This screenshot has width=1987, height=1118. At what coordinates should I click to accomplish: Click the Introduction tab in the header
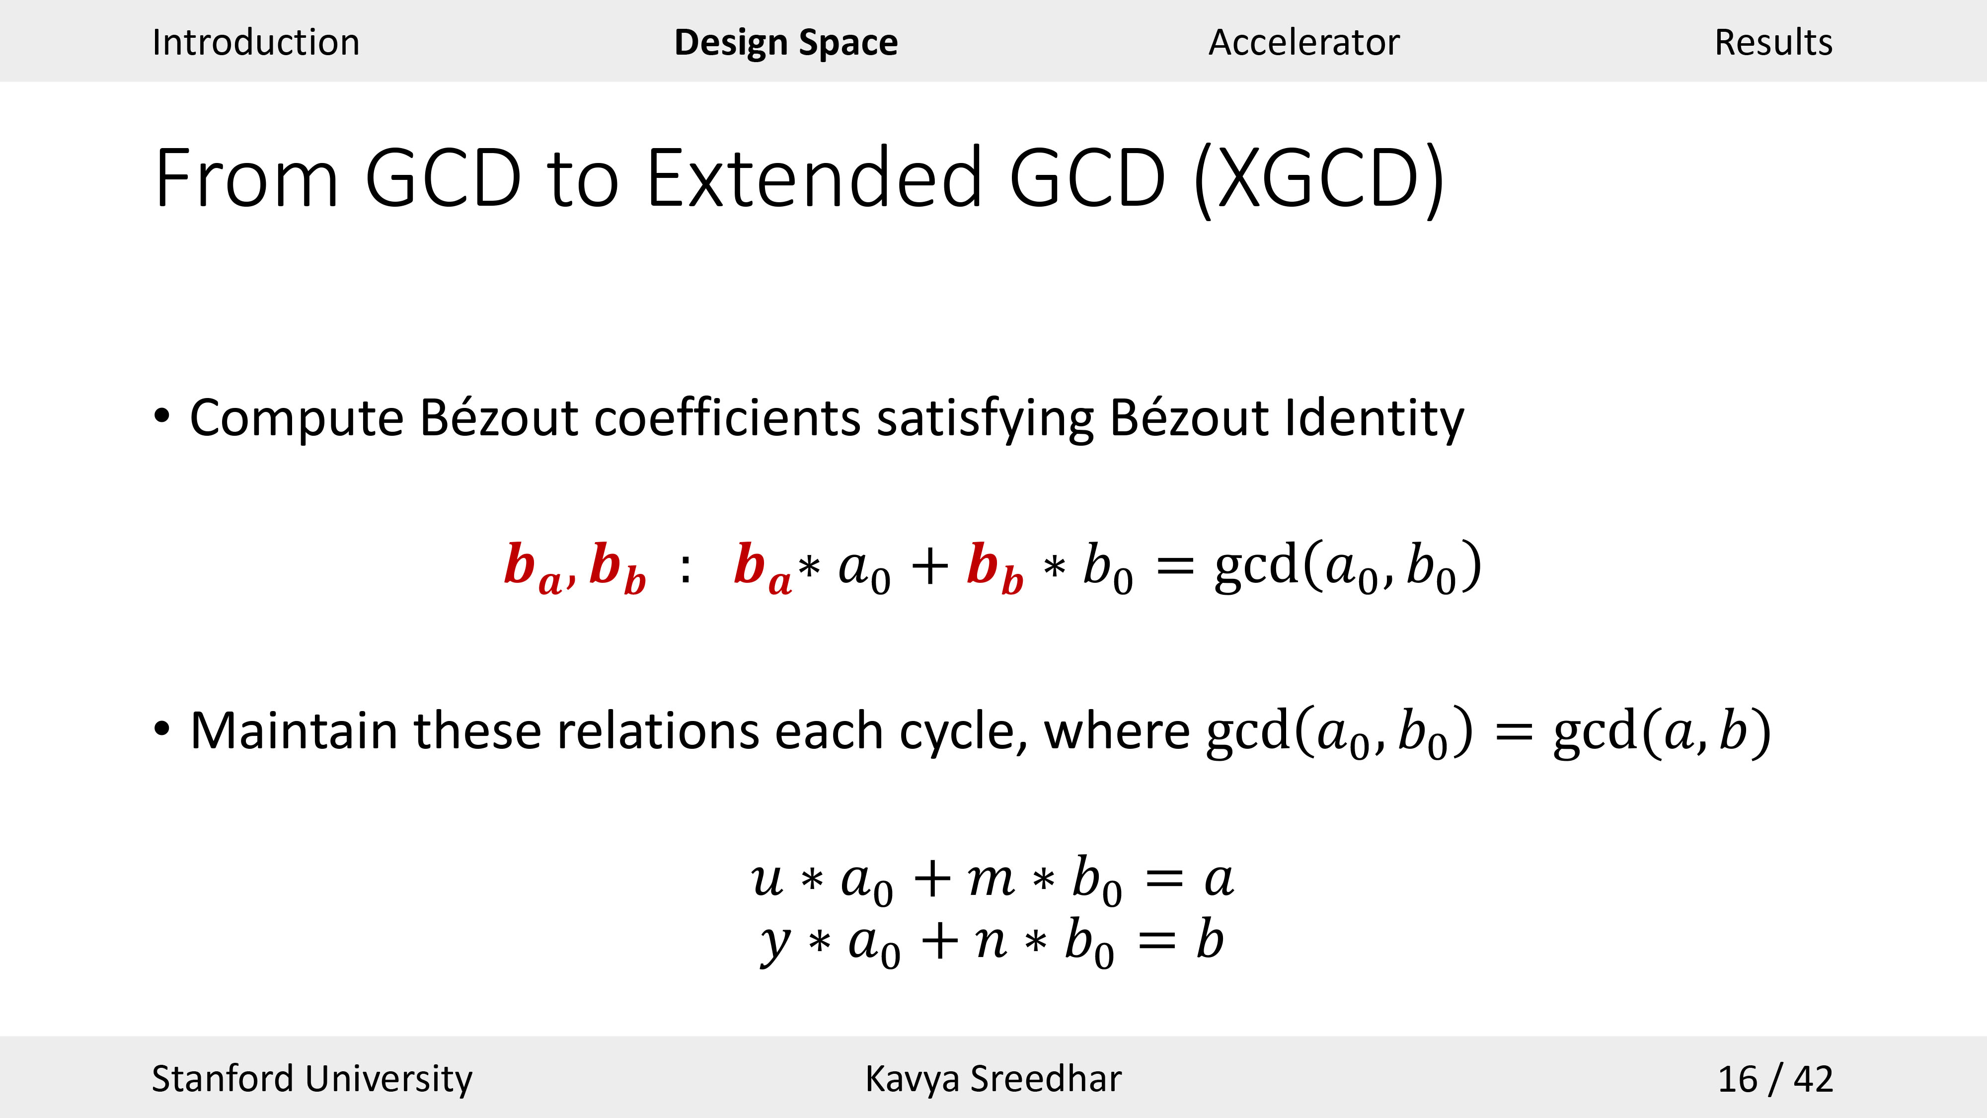coord(255,42)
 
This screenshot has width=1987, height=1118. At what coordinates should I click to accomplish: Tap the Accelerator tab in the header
coord(1303,42)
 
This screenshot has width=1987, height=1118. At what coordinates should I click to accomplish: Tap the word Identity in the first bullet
coord(1375,419)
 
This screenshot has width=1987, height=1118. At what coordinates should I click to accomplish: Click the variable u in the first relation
coord(767,879)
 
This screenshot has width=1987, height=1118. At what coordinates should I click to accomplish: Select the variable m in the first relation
coord(991,879)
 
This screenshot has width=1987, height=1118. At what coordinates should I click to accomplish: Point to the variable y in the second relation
coord(775,944)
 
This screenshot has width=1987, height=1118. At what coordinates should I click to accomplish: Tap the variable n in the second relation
coord(991,941)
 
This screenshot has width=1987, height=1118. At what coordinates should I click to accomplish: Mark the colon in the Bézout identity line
coord(685,568)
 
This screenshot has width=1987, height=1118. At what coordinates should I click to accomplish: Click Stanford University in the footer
coord(311,1079)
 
